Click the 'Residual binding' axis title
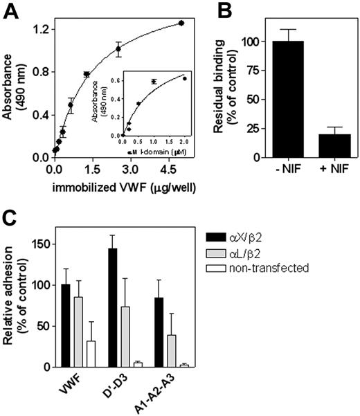[229, 89]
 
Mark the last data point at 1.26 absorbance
[181, 23]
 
